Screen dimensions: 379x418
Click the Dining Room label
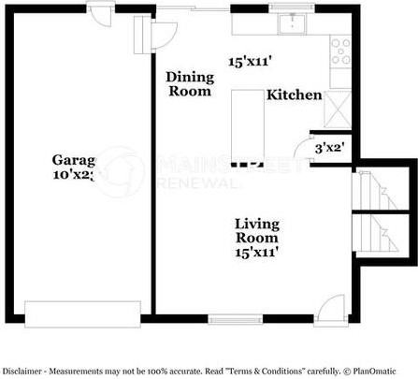click(189, 84)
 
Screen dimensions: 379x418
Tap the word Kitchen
click(295, 95)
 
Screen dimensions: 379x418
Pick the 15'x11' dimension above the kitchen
click(250, 62)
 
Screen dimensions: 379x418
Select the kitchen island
click(248, 111)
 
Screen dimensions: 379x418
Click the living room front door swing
click(331, 312)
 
